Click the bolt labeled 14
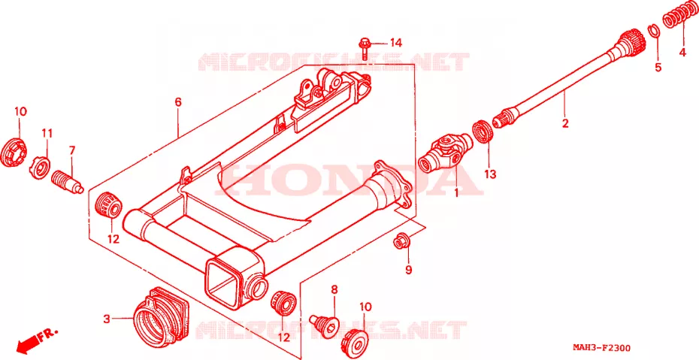[x=362, y=49]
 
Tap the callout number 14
[x=396, y=44]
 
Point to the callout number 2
[x=565, y=123]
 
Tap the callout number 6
[x=178, y=102]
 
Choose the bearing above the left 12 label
[x=108, y=205]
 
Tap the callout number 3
[x=107, y=319]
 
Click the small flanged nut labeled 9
[x=399, y=242]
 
